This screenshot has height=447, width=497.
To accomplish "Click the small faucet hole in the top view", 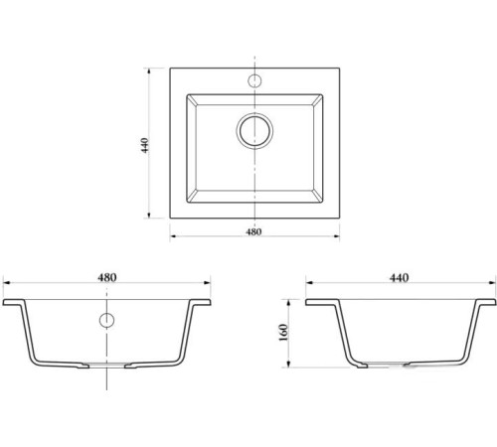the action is point(254,80).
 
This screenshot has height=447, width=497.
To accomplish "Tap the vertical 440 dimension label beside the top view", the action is point(145,145).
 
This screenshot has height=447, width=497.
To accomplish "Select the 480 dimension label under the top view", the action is point(253,231).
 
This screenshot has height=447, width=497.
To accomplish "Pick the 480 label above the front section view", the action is point(107,277).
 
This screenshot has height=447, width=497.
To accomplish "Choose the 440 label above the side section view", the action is point(399,277).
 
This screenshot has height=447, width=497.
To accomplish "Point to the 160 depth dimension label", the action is point(284,333).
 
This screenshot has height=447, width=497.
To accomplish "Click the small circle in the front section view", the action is point(106,320).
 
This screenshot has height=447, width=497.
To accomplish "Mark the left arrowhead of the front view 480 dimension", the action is point(7,283).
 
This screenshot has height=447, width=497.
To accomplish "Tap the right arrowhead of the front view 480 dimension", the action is point(207,283).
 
